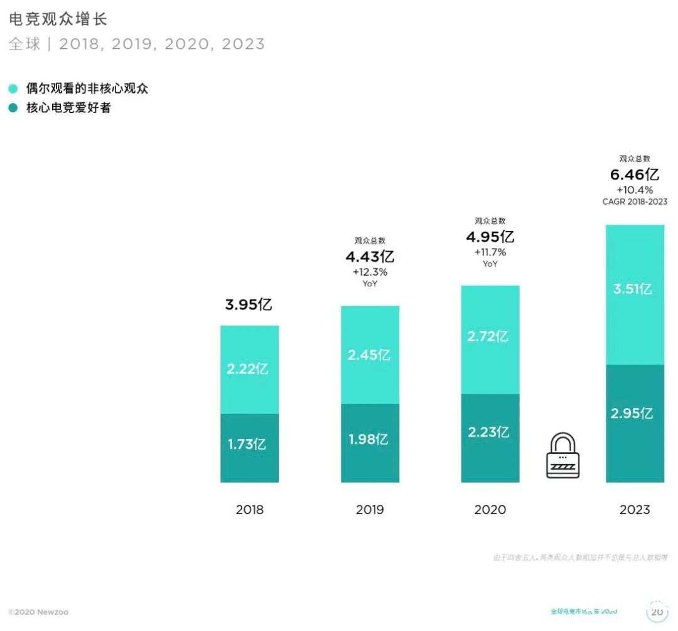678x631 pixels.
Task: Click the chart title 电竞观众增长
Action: tap(58, 19)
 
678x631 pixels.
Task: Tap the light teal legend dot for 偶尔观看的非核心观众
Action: tap(13, 89)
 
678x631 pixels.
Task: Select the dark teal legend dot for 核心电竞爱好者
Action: tap(13, 108)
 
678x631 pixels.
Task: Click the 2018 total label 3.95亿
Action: tap(249, 305)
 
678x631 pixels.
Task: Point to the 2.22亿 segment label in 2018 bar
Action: tap(248, 369)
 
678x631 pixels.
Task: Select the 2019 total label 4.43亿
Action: tap(370, 257)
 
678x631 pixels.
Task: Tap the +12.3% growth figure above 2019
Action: tap(370, 272)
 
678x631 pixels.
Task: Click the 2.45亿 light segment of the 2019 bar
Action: tap(370, 355)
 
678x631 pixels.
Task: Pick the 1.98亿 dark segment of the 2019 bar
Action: tap(370, 440)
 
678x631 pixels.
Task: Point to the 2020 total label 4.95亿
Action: tap(490, 237)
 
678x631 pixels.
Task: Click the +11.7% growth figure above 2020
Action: tap(490, 252)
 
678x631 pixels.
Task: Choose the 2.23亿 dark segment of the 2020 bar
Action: tap(490, 432)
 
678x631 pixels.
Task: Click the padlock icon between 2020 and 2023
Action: tap(562, 456)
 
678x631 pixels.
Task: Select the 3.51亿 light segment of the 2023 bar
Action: tap(635, 289)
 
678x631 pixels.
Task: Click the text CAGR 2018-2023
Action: tap(635, 202)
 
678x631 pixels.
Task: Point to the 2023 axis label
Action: tap(635, 510)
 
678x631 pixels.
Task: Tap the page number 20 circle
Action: tap(657, 612)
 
